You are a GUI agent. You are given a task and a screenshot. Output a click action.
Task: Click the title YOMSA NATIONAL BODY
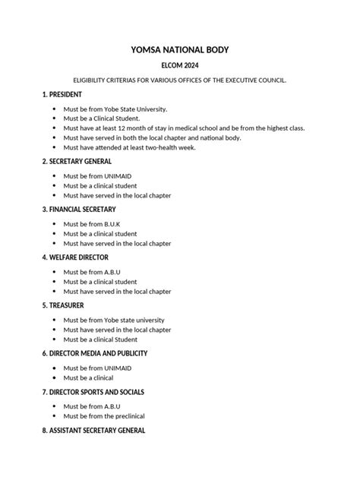point(180,50)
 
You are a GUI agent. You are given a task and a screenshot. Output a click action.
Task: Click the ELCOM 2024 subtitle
point(180,66)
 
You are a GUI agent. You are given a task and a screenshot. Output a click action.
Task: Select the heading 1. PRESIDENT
point(64,94)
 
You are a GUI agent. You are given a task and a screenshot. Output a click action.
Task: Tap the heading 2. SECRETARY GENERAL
point(77,162)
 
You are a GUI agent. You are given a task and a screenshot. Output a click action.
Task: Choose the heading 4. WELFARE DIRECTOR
point(75,257)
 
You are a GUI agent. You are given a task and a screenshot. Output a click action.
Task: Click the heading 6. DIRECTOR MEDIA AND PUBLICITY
point(94,353)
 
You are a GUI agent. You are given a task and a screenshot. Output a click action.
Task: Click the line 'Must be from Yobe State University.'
point(115,109)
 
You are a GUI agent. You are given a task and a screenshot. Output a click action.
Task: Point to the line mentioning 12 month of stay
point(184,128)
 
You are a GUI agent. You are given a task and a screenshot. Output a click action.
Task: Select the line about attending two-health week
point(129,147)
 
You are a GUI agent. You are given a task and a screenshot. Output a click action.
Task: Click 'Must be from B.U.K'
point(92,224)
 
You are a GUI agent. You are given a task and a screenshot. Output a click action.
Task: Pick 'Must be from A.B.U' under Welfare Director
point(92,272)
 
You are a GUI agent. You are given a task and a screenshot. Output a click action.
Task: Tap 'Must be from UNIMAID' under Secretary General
point(97,176)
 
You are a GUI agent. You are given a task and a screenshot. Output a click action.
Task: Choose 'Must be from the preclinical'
point(104,416)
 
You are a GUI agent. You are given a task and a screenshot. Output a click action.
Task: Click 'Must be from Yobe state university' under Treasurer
point(114,320)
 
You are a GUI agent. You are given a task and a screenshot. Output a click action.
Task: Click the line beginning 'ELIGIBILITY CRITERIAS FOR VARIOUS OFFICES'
point(180,80)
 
